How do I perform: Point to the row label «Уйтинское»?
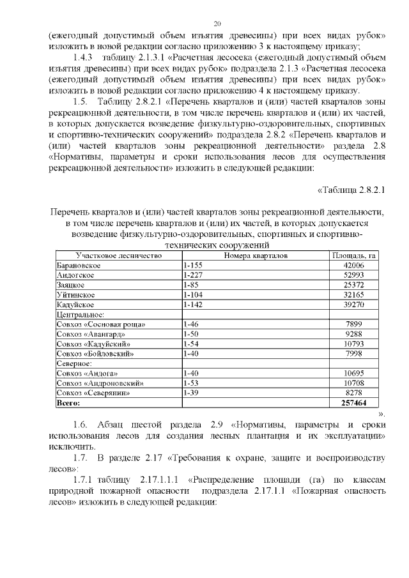pyautogui.click(x=76, y=295)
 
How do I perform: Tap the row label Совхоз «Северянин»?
pyautogui.click(x=94, y=393)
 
